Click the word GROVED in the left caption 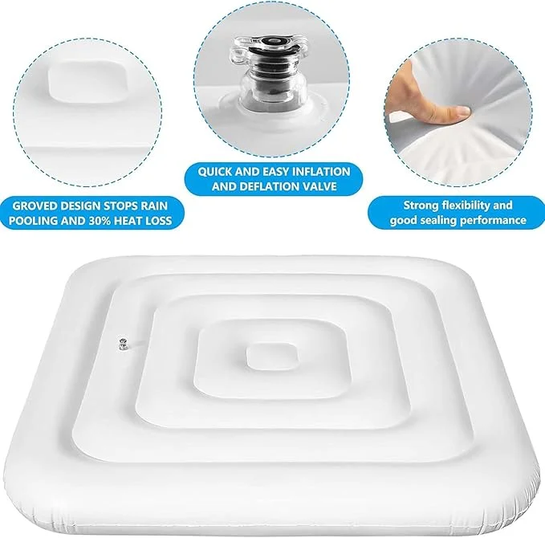pyautogui.click(x=35, y=206)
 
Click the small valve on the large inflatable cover pyautogui.click(x=122, y=344)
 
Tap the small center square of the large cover pyautogui.click(x=272, y=356)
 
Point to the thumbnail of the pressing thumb pyautogui.click(x=463, y=111)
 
